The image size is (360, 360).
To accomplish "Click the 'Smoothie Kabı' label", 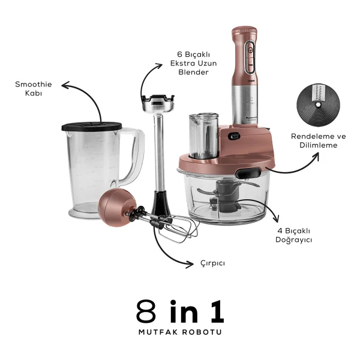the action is click(x=34, y=89).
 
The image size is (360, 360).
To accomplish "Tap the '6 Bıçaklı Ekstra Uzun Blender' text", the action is click(x=194, y=63).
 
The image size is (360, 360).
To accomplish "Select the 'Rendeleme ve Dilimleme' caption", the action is click(x=319, y=140).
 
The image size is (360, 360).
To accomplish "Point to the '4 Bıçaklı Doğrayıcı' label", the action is click(x=293, y=235).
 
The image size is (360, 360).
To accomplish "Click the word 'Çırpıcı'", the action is click(x=212, y=263).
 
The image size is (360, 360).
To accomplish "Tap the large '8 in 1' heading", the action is click(x=180, y=311).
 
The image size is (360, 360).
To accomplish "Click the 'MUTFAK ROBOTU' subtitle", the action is click(x=180, y=332).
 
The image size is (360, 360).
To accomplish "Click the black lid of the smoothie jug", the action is click(x=92, y=127).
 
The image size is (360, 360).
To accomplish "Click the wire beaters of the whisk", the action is click(x=175, y=227).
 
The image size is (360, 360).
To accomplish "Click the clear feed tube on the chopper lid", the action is click(x=203, y=136).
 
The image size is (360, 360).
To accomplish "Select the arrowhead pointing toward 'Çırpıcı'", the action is click(x=190, y=264).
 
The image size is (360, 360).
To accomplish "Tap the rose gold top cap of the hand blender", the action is click(x=244, y=31).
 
